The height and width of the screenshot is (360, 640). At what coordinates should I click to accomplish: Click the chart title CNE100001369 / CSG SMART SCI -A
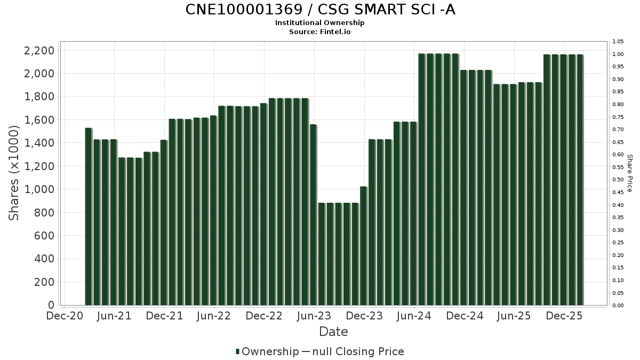[320, 10]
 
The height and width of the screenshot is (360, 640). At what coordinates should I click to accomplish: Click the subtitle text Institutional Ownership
[320, 23]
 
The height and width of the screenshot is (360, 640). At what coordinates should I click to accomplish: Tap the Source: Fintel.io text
[320, 31]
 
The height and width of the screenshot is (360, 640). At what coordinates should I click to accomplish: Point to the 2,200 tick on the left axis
[39, 51]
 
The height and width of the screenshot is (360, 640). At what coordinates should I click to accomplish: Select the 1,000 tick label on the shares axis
[39, 189]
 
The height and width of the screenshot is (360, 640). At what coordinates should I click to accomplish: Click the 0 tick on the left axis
[51, 305]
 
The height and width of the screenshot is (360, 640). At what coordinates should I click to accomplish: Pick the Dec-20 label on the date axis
[64, 316]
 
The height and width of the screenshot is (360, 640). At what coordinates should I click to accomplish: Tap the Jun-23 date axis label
[315, 316]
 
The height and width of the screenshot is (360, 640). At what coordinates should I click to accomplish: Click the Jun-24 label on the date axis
[414, 316]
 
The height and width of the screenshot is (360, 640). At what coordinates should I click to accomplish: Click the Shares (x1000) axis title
[14, 173]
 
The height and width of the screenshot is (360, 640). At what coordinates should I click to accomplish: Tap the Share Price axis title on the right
[629, 173]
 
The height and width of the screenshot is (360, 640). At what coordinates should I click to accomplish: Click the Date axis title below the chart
[333, 332]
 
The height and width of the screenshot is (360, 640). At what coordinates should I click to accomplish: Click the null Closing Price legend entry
[363, 351]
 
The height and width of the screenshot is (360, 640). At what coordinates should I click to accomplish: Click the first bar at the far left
[89, 216]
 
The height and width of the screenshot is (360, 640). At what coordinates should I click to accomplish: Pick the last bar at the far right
[580, 180]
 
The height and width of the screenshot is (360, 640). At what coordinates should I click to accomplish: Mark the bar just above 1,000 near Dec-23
[363, 245]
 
